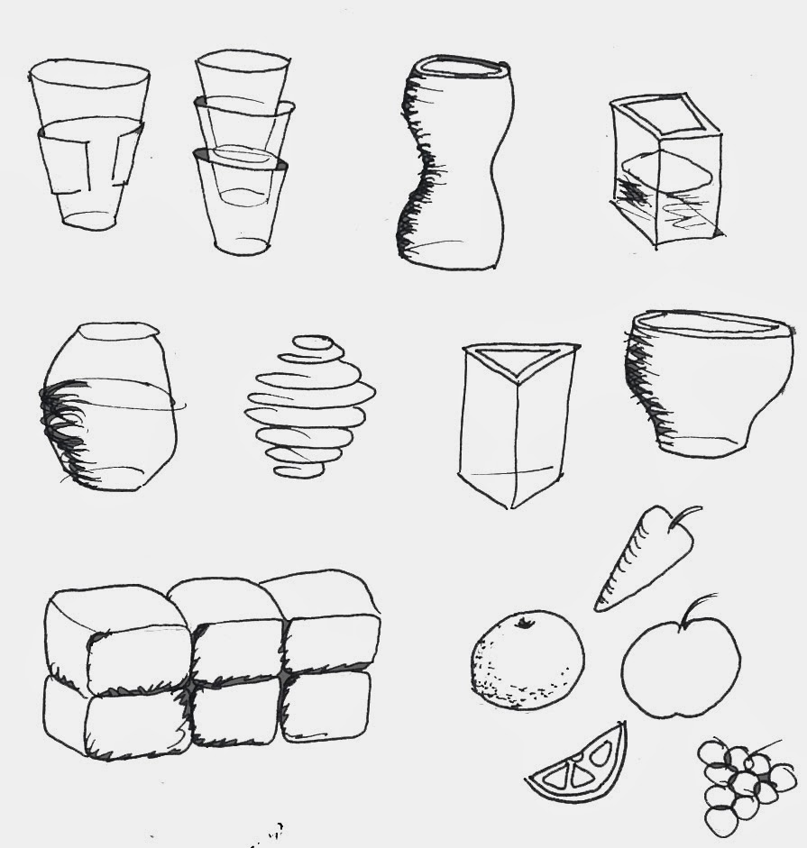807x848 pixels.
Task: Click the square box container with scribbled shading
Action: point(665,171)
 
